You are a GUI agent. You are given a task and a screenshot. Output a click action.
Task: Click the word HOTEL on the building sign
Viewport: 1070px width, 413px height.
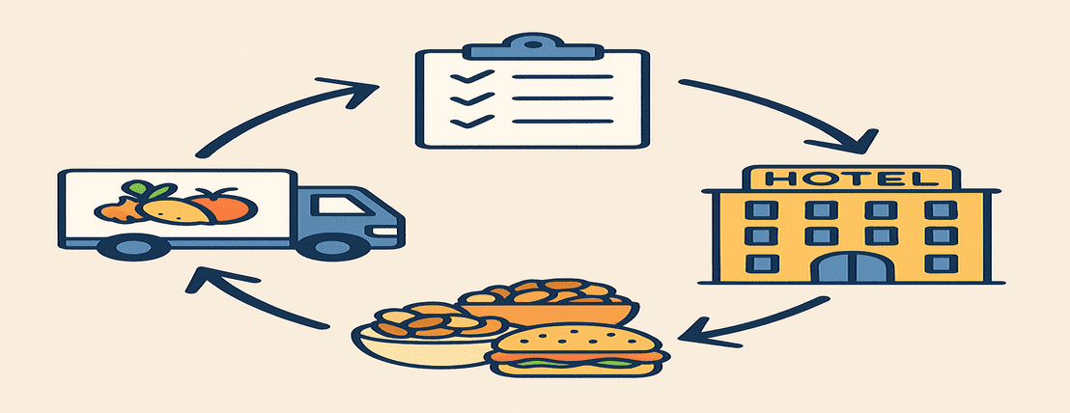850,179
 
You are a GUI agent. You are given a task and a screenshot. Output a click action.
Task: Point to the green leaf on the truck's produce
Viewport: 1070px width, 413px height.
140,189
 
